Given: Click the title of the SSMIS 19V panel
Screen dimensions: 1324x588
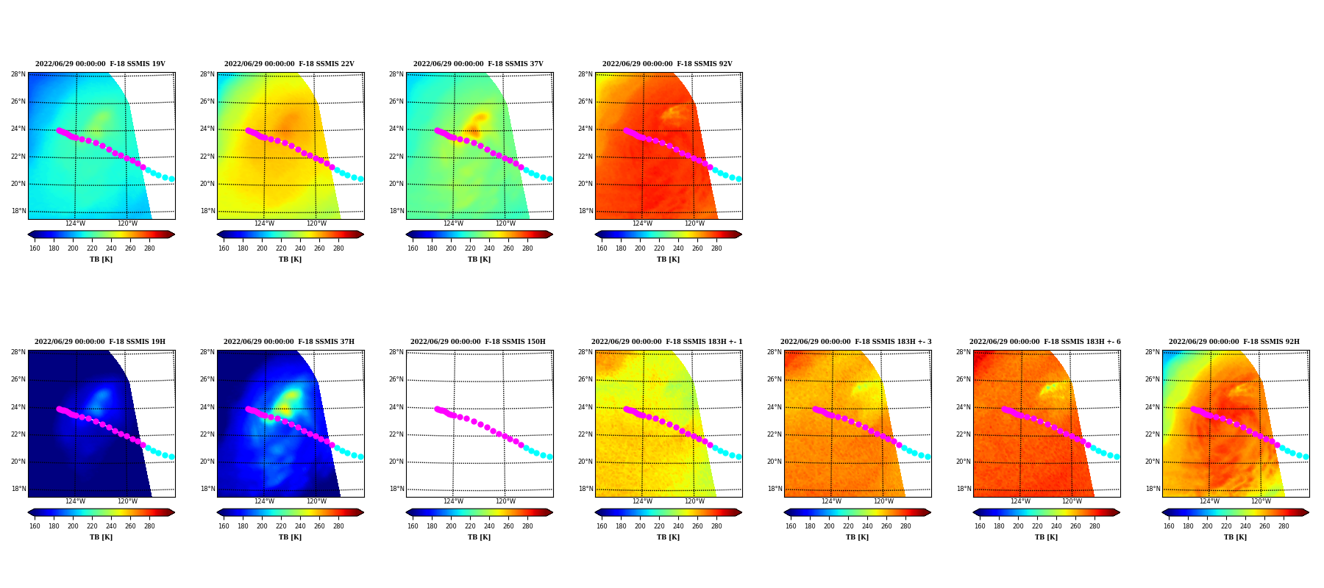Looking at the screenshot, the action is click(100, 64).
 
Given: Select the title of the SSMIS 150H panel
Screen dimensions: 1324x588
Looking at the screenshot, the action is click(478, 342).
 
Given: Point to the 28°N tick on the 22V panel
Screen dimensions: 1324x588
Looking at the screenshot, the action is click(208, 74).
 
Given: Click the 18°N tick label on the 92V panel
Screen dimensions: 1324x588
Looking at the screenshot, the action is click(586, 211).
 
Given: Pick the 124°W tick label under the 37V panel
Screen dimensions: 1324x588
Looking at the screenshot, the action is click(453, 223).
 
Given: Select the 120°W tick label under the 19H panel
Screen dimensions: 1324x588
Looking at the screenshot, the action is click(127, 501).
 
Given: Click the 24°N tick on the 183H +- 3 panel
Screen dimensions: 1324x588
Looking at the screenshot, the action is click(775, 407).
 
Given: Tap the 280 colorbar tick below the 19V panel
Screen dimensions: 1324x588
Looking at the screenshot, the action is click(149, 248).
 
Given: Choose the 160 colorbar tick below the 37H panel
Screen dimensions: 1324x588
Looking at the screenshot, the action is click(224, 526).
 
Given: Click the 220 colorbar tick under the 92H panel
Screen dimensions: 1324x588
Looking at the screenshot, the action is click(1226, 526).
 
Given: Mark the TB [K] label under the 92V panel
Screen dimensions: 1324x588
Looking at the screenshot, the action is click(668, 259).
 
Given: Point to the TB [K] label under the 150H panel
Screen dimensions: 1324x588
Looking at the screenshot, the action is click(479, 537).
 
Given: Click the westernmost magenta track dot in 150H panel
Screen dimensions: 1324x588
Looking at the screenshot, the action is click(437, 409).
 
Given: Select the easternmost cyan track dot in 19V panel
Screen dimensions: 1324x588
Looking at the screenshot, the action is click(171, 179).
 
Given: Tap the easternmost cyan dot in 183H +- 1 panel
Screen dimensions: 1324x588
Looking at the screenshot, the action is click(738, 456).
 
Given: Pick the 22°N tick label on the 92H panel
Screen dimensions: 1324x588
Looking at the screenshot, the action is click(1153, 434).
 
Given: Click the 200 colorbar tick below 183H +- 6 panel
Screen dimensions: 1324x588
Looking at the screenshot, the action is click(1018, 526).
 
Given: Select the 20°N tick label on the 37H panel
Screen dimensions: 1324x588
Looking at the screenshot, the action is click(208, 462).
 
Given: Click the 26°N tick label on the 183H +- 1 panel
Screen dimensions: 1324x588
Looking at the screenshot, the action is click(586, 379).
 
